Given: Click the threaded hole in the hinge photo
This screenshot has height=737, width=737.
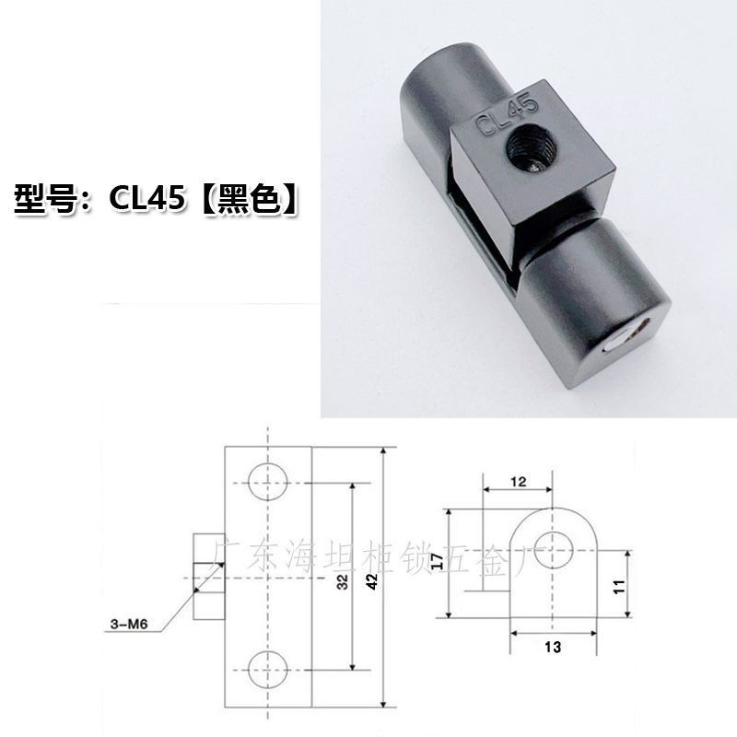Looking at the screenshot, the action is pos(528,148).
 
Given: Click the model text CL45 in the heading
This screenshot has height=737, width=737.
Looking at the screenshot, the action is pos(146,198).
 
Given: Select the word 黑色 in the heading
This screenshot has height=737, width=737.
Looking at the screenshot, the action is pos(249,199).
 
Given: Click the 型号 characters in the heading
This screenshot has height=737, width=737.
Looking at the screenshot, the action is pos(45,199).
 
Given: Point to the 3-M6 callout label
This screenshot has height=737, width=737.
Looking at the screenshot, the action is pos(129,624).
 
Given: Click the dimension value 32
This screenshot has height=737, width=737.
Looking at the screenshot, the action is pos(344,581).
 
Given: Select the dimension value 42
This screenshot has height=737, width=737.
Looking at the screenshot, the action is pos(372,581).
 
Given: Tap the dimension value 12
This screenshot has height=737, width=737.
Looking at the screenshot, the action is pos(518,481).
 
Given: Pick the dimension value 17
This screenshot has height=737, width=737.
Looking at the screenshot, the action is pos(437,562).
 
